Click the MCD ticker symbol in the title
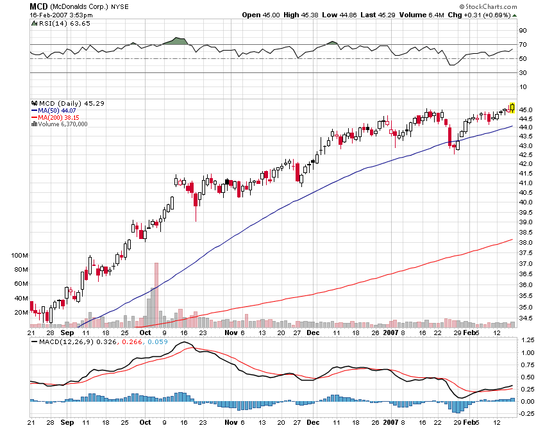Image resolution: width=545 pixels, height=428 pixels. (x=37, y=6)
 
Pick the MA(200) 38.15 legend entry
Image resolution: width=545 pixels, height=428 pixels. (x=58, y=117)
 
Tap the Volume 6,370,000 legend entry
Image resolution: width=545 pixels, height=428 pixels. (x=62, y=124)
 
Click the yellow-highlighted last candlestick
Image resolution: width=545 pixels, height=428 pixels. (x=512, y=108)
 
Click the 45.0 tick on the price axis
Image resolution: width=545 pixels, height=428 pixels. (x=526, y=110)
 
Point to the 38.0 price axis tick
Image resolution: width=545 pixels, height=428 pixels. (x=526, y=243)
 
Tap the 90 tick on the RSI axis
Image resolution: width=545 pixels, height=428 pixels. (x=523, y=30)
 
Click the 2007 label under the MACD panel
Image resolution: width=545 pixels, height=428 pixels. (x=391, y=423)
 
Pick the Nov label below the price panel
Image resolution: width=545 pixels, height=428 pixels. (x=230, y=333)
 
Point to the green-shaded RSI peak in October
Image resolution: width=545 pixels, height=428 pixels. (x=174, y=41)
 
